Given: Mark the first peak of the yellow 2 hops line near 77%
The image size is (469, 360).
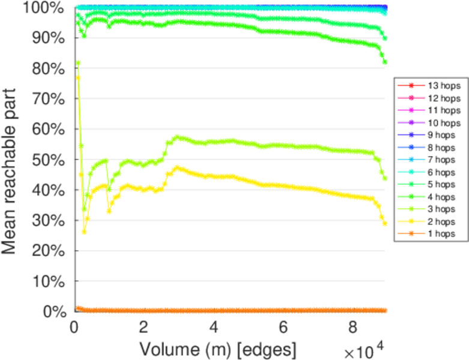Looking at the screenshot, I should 77,77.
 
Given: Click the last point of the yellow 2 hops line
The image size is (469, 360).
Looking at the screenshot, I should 385,223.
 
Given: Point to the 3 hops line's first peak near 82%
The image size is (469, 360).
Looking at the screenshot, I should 77,63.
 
